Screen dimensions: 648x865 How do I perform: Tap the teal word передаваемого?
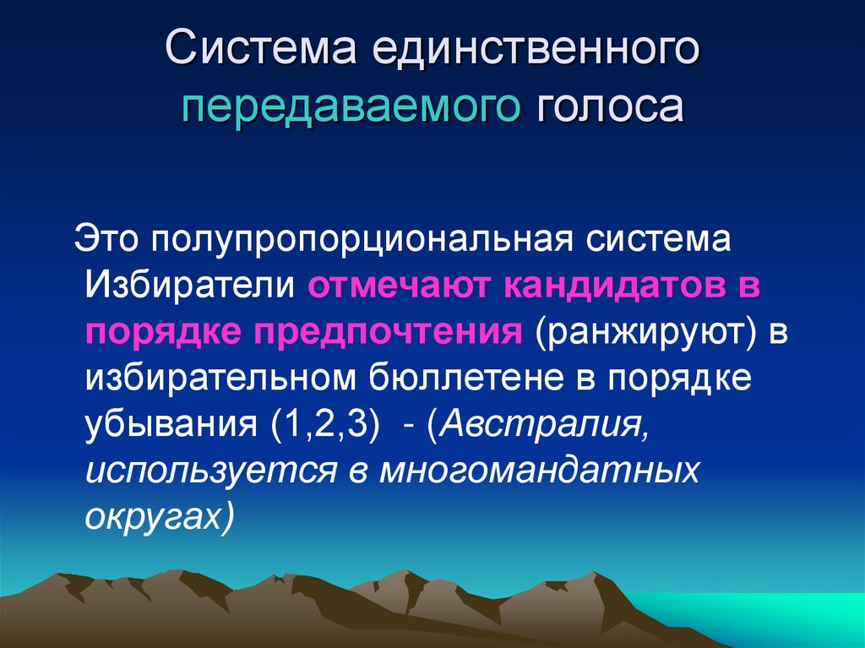coord(349,108)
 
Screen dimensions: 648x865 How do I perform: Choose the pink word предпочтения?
coord(381,332)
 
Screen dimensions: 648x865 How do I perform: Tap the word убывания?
coord(171,424)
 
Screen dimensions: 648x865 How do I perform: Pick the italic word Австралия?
coord(545,424)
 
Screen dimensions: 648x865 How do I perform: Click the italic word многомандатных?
coord(539,471)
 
